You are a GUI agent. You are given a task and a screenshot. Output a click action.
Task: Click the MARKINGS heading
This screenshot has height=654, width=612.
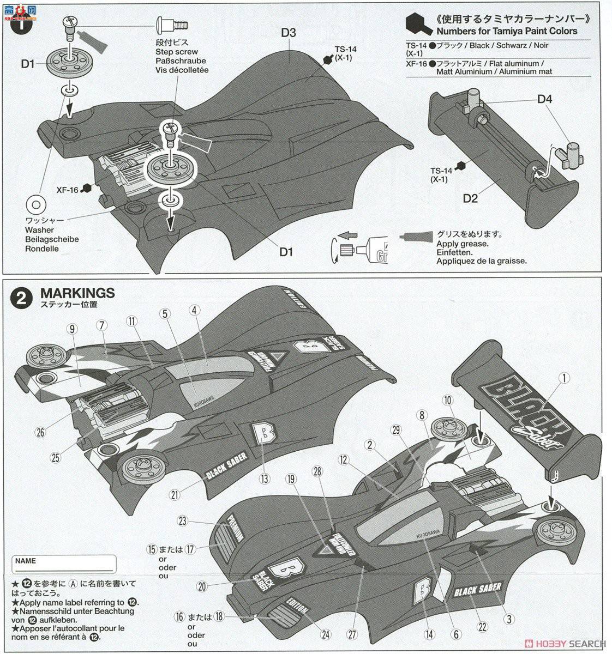point(77,293)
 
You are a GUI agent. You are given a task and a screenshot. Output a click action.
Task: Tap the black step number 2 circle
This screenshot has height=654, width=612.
point(22,298)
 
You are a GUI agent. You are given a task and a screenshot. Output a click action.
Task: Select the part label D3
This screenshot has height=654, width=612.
point(289,33)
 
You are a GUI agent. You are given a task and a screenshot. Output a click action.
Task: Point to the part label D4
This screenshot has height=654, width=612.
point(544,99)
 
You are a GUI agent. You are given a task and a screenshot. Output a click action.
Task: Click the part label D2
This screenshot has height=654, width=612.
point(470,198)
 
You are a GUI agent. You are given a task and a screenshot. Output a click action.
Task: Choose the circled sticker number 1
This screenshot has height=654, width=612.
point(564,377)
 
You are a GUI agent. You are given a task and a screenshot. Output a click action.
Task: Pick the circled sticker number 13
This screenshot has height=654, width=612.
point(265,479)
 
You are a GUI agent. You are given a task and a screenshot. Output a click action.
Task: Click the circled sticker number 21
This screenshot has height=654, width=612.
point(175,495)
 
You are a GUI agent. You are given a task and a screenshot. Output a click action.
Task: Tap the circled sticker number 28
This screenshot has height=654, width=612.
point(318,470)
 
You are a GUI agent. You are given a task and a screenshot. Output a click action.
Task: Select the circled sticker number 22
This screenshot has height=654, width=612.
point(482,627)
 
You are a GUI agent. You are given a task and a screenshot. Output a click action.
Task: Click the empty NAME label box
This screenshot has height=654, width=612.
point(63,564)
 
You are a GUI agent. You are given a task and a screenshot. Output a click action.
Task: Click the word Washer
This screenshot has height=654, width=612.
point(40,230)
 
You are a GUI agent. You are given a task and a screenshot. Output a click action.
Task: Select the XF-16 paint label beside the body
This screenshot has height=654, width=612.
point(68,190)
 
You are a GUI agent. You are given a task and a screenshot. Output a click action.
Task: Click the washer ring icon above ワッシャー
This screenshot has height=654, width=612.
point(35,204)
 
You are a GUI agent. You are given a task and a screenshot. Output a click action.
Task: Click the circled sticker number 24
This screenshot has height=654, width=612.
point(326,634)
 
